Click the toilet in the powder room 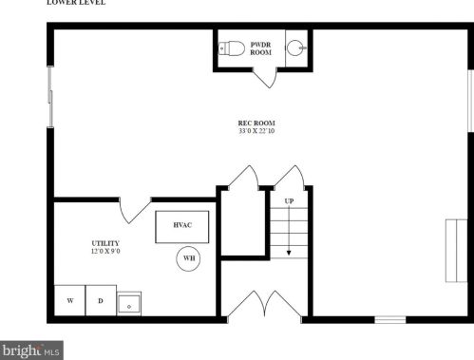click(x=232, y=48)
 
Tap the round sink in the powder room click(x=296, y=48)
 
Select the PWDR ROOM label click(x=260, y=48)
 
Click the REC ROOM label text click(x=256, y=123)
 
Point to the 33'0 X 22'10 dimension click(x=256, y=131)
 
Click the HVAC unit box click(x=182, y=227)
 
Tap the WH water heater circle click(x=189, y=258)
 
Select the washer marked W click(x=70, y=300)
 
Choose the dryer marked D click(x=101, y=300)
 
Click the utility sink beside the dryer click(x=129, y=304)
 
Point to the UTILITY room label click(x=105, y=243)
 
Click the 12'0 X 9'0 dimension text click(x=105, y=252)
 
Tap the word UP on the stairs click(x=289, y=201)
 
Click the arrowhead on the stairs click(x=289, y=253)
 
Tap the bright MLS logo click(x=31, y=351)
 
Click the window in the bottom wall click(x=390, y=320)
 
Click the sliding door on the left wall click(x=50, y=97)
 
